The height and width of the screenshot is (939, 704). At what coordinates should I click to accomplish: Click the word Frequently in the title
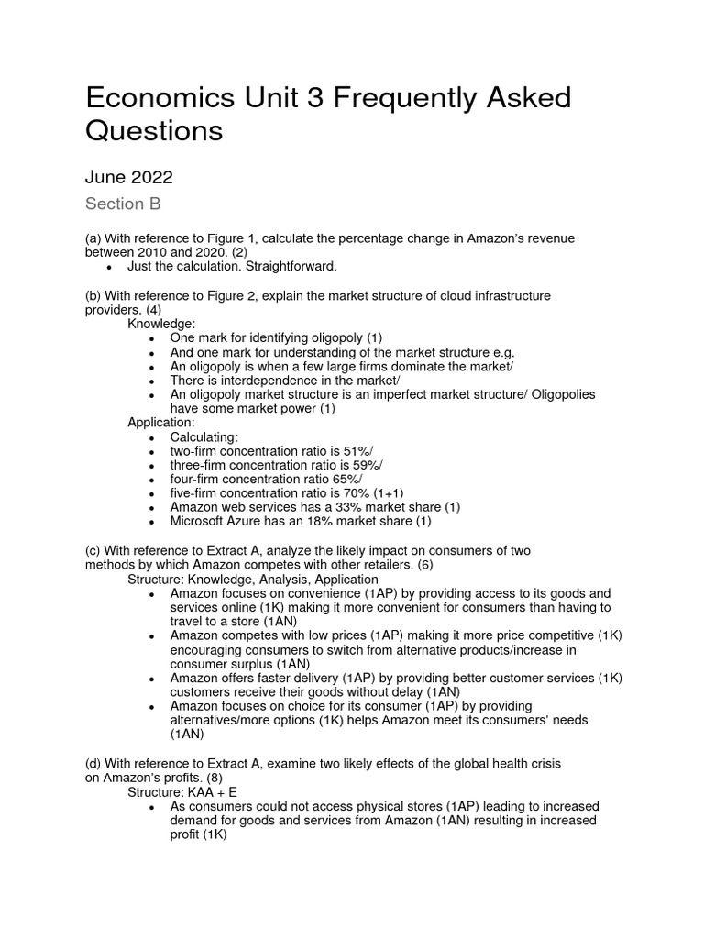click(401, 98)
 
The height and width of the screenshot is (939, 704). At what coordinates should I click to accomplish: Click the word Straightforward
click(292, 266)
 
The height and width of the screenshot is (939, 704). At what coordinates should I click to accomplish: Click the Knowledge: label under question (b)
click(161, 324)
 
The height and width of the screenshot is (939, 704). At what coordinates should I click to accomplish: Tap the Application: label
click(161, 423)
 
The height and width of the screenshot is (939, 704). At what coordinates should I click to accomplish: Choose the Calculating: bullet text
click(203, 437)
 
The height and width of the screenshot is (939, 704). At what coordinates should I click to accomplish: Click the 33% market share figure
click(327, 507)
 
